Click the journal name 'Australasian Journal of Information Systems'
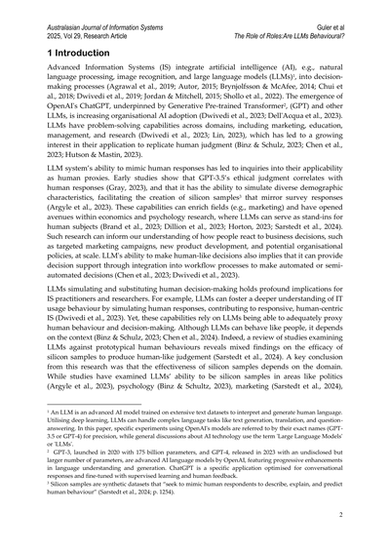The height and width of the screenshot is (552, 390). [111, 9]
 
